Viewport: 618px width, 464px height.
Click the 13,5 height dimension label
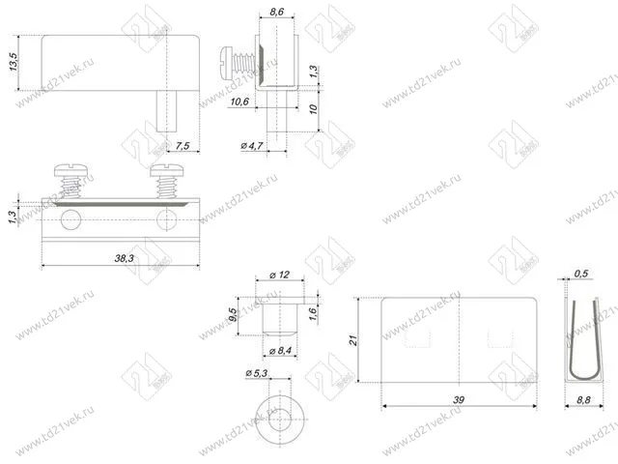click(14, 62)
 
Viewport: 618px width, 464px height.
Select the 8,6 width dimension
click(277, 12)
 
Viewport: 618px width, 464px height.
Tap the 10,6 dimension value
click(239, 101)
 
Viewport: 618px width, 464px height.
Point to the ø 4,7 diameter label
click(252, 146)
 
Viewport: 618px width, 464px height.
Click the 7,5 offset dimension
click(183, 146)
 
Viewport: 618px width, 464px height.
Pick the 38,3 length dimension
click(124, 258)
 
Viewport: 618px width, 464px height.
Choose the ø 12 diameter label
click(280, 275)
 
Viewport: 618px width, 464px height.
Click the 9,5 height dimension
click(233, 315)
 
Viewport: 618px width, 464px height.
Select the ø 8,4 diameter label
click(280, 350)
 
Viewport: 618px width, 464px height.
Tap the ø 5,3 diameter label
click(257, 373)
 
